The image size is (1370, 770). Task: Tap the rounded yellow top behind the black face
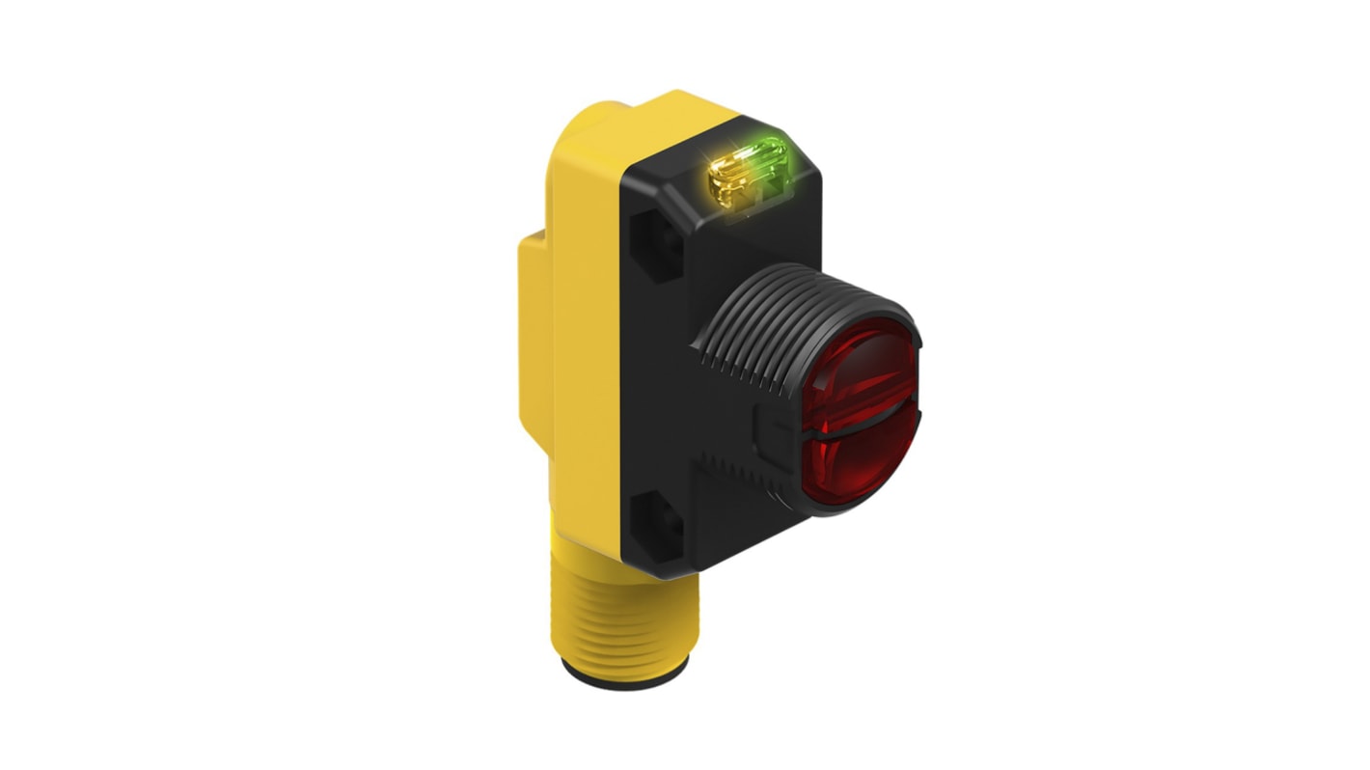(637, 121)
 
